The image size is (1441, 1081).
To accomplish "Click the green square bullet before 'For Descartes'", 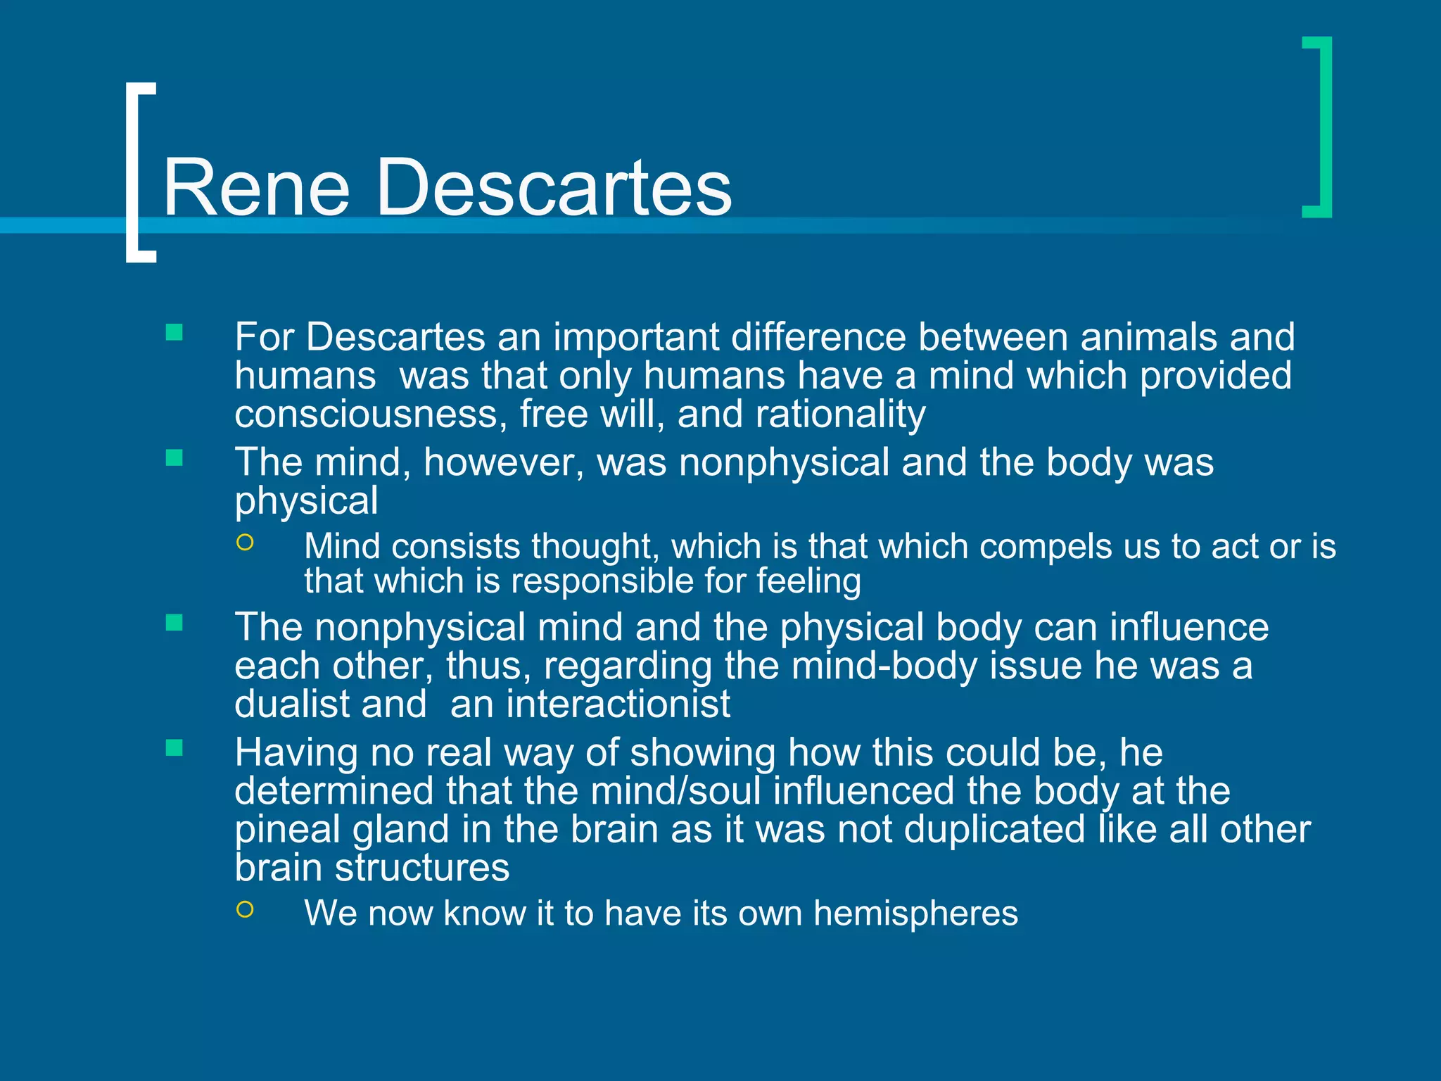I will (x=174, y=332).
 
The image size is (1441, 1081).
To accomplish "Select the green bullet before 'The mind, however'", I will (x=174, y=458).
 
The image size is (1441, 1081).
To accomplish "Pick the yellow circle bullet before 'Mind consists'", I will (x=245, y=542).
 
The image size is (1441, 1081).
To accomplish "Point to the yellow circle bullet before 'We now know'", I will (x=245, y=909).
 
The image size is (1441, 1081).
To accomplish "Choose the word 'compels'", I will (x=1045, y=546).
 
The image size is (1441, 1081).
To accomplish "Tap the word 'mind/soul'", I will (x=675, y=790).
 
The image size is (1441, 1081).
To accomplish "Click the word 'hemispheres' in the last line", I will (x=915, y=914).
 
